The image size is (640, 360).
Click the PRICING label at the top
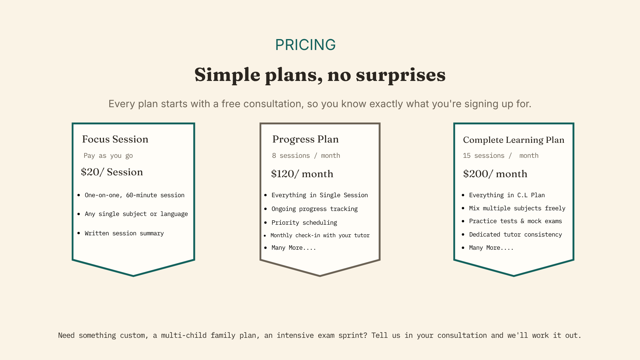(x=305, y=45)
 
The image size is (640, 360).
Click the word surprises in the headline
(x=400, y=75)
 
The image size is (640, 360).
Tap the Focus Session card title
(x=115, y=139)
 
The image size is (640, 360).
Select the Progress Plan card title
(x=305, y=139)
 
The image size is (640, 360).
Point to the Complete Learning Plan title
(x=513, y=140)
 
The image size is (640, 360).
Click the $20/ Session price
(x=112, y=172)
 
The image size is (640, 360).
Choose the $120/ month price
(x=302, y=174)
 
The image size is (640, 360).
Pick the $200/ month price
(x=495, y=174)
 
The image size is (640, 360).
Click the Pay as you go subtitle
(x=108, y=156)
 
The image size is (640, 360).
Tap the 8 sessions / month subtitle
(x=306, y=156)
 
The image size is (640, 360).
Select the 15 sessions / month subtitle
(x=501, y=156)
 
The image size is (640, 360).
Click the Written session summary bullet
(x=124, y=233)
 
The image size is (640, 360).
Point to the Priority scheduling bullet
(x=304, y=222)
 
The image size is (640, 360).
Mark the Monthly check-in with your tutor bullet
(x=320, y=235)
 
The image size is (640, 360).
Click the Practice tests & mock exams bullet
(x=515, y=221)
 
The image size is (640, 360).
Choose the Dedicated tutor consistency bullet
(x=515, y=235)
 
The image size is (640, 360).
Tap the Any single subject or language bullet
(x=136, y=214)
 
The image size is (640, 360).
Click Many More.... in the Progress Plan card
(x=294, y=248)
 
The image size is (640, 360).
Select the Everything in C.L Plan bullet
(x=507, y=195)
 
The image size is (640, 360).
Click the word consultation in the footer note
(x=462, y=336)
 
